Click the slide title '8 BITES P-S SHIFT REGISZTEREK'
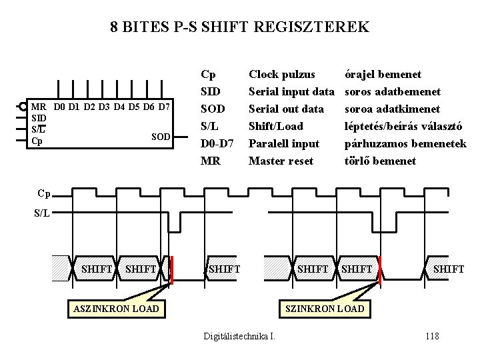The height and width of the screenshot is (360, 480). [239, 27]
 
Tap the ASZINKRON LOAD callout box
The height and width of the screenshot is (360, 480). [116, 308]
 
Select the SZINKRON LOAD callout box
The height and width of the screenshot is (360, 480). [325, 308]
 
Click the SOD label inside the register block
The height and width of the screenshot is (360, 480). [161, 137]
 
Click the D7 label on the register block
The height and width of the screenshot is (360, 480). [164, 107]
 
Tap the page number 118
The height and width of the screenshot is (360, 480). [431, 336]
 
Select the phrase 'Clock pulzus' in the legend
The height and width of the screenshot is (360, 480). [281, 74]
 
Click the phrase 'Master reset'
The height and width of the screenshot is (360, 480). [280, 161]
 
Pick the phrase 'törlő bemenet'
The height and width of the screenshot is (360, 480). [380, 161]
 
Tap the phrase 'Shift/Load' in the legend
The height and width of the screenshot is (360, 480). [275, 126]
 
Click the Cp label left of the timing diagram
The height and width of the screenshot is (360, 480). [44, 193]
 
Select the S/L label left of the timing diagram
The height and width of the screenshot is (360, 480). [42, 214]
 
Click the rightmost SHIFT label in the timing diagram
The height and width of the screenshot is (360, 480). [448, 269]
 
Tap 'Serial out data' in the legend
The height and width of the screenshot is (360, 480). [286, 109]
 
